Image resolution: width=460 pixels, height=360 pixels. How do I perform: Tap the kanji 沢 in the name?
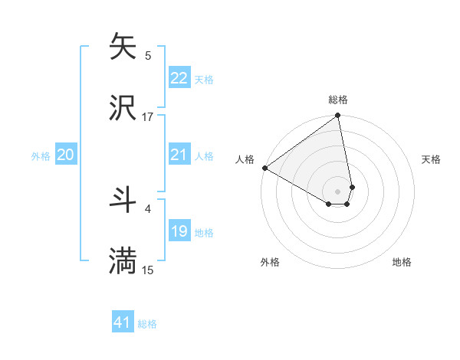pos(123,108)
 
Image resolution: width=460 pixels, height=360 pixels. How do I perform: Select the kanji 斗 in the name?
pos(123,200)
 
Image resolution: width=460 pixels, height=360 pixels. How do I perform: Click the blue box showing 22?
pos(179,78)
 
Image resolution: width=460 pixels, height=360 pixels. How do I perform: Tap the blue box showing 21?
pos(179,155)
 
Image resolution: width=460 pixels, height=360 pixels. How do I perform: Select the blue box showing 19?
pos(179,231)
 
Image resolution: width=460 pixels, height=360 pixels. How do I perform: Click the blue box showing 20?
pos(65,155)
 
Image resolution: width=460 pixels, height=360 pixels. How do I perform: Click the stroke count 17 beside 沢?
pos(148,117)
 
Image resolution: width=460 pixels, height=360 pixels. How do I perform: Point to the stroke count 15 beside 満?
pos(148,270)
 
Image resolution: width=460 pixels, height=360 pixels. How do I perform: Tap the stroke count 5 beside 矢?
pos(148,55)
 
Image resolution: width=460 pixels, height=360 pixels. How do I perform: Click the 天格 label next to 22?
pos(204,79)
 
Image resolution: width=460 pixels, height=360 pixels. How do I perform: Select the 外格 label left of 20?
pos(41,156)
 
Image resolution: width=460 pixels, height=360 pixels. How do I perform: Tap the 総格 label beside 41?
pos(147,324)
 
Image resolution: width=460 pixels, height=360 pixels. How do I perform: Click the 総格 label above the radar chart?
pos(338,100)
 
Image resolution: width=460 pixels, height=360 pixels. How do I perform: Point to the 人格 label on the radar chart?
pos(245,159)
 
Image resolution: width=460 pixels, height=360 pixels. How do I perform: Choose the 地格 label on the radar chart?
pos(402,263)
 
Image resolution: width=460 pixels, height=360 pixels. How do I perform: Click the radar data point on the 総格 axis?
pos(338,116)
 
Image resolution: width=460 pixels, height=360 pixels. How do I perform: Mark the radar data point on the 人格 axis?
pos(264,168)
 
